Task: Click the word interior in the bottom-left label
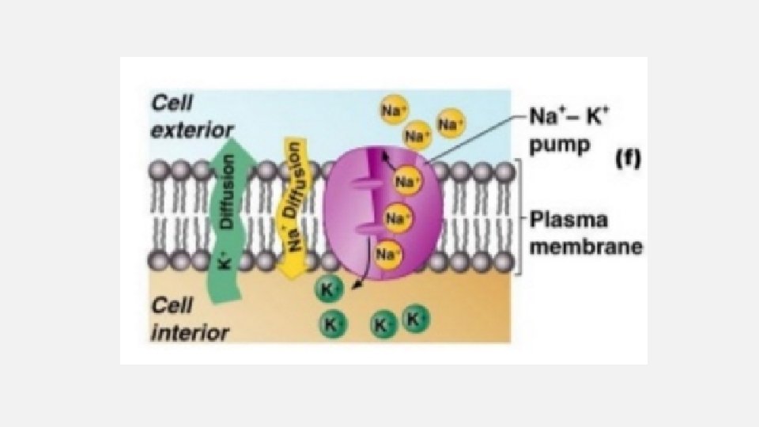coord(190,331)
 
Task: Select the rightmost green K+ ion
coord(416,319)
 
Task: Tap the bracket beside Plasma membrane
coord(519,217)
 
